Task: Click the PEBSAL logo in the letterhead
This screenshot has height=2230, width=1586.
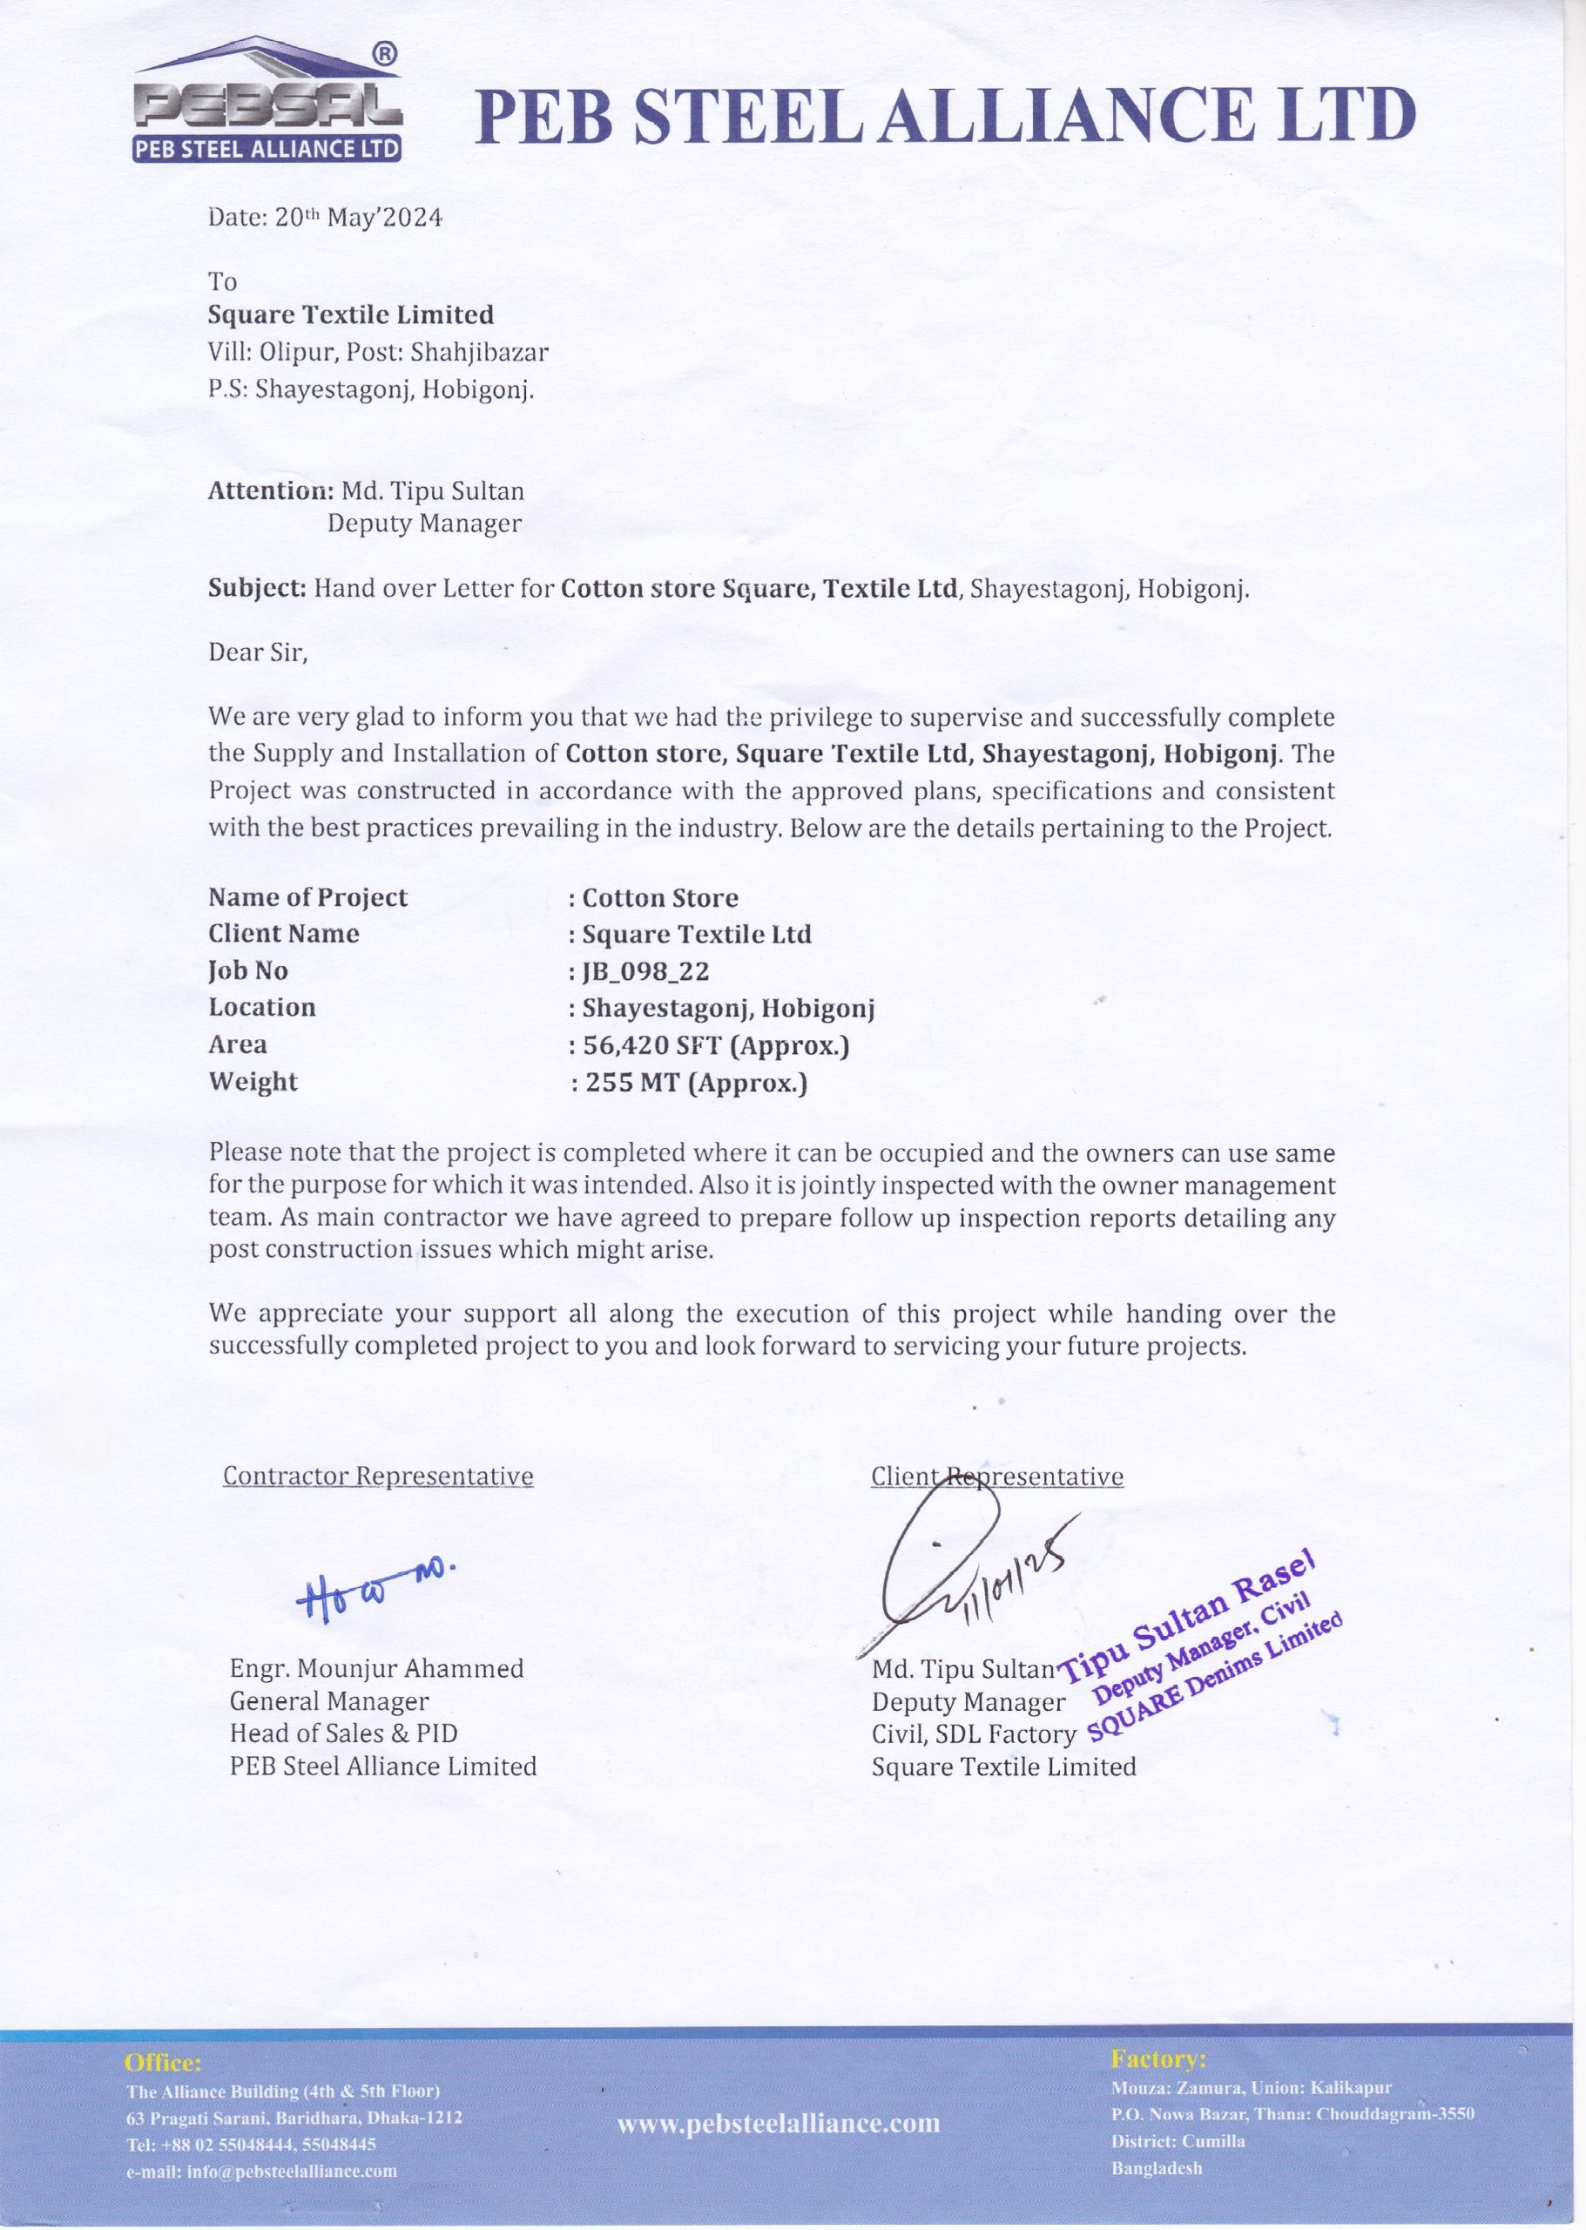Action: (x=267, y=104)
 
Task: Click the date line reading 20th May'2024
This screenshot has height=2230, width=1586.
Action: (x=325, y=218)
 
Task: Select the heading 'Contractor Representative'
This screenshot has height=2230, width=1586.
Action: (x=378, y=1475)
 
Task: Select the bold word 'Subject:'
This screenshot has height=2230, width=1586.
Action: (x=257, y=589)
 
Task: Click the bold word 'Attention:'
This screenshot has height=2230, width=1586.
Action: (x=271, y=490)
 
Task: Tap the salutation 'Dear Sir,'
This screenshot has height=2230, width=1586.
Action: (x=258, y=652)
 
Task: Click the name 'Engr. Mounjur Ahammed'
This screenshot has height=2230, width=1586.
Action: (x=376, y=1668)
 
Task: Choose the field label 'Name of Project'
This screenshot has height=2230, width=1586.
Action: (x=307, y=898)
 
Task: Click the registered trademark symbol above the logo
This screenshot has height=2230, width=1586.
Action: (x=386, y=56)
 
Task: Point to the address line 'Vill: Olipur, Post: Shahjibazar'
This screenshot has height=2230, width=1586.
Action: (x=378, y=353)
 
